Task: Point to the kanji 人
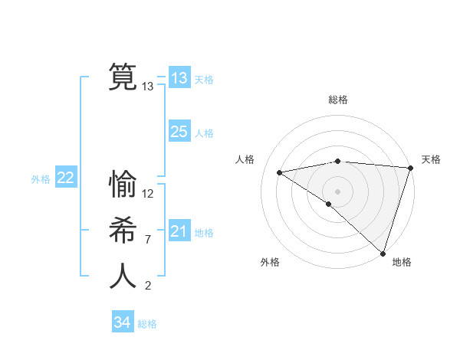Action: coord(123,276)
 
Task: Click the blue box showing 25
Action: coord(179,132)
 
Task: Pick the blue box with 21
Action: coord(179,231)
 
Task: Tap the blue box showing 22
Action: coord(65,178)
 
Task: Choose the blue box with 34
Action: coord(122,322)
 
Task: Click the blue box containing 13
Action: coord(179,78)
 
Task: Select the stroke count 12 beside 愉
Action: coord(148,194)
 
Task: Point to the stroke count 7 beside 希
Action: coord(147,240)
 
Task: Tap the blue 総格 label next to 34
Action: coord(147,324)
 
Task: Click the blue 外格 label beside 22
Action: coord(41,179)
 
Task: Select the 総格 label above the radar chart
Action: coord(337,100)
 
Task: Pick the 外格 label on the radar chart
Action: coord(270,262)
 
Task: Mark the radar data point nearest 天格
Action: coord(410,168)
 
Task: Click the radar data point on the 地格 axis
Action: coord(383,253)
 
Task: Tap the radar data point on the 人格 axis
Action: coord(280,172)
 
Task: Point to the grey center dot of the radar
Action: coord(337,190)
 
